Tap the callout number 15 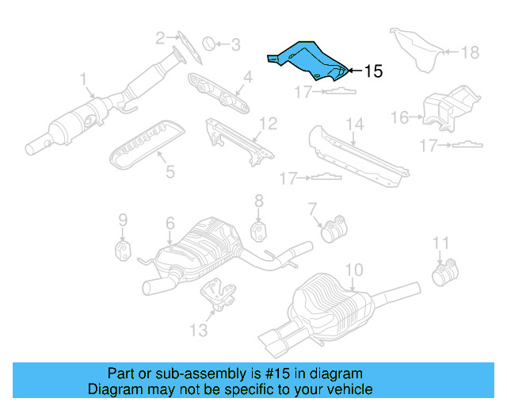point(373,71)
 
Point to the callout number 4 point(247,78)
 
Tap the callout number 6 point(170,224)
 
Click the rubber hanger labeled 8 point(258,231)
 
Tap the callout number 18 point(470,52)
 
